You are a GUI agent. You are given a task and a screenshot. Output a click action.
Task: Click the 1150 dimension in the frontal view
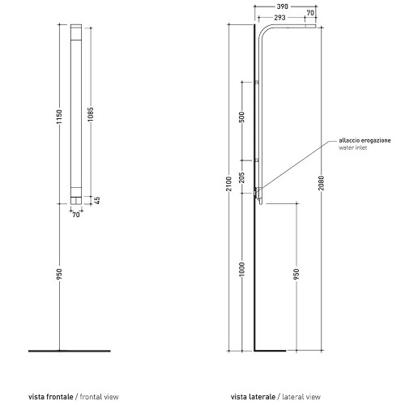tap(59, 117)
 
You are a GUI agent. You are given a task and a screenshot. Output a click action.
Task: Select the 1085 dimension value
tap(91, 114)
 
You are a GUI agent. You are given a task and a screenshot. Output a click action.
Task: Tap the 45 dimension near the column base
tap(97, 200)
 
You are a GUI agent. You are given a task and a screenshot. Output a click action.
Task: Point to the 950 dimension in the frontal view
tap(59, 274)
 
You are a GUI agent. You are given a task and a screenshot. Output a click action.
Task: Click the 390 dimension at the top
tap(283, 6)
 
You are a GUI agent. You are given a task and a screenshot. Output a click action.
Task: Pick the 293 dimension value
tap(279, 18)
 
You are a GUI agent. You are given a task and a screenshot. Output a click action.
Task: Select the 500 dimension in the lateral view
tap(242, 117)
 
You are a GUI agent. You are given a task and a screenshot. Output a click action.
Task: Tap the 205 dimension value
tap(242, 177)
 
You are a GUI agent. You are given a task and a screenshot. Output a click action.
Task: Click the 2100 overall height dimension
tap(229, 184)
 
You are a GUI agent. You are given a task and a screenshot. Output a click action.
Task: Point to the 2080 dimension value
tap(321, 183)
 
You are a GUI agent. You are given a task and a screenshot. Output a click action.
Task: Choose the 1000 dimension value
tap(242, 269)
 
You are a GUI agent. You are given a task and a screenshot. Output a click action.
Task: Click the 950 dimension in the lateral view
tap(296, 274)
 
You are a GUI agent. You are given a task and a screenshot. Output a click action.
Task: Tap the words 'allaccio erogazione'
tap(364, 140)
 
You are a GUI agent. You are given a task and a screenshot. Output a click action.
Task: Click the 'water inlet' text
tap(353, 147)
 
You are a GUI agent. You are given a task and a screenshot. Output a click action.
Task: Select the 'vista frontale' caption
tap(51, 397)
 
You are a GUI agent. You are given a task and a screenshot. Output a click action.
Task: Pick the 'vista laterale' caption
tap(254, 397)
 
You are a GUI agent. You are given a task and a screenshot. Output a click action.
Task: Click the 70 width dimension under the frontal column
tap(76, 215)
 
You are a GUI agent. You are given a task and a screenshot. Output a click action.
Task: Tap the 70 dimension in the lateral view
tap(310, 13)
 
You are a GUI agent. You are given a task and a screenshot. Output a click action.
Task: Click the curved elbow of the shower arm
tap(262, 30)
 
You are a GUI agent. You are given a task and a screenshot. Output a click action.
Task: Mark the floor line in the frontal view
tap(70, 351)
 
